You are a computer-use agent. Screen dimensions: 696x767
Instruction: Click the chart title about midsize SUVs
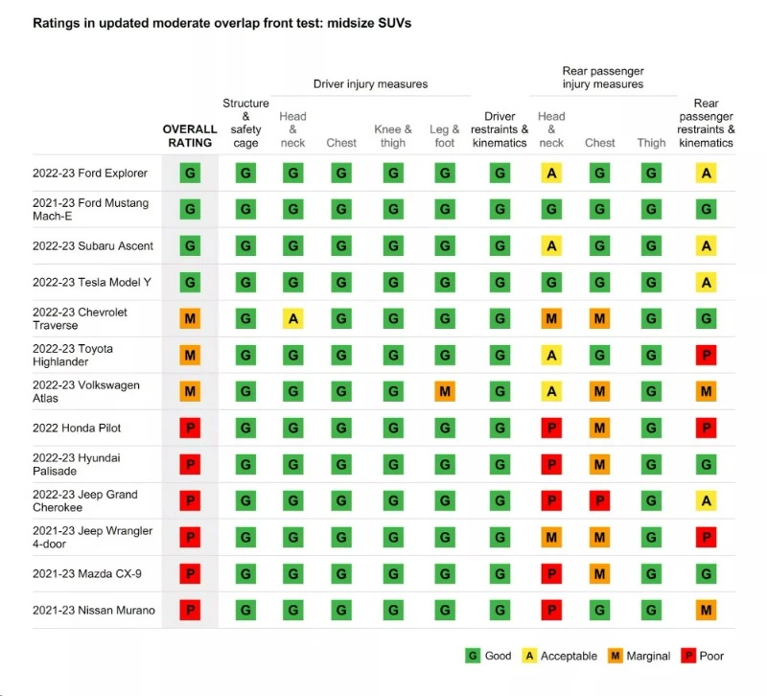pos(221,23)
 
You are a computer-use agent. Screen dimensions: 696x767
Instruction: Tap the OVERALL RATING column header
pos(190,136)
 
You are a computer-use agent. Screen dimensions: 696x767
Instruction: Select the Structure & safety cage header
pos(245,123)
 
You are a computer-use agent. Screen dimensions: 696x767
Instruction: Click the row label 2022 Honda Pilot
pos(77,428)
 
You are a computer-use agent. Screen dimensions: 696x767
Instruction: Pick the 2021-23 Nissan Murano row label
pos(94,610)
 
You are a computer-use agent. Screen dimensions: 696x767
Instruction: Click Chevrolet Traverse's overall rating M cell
pos(190,319)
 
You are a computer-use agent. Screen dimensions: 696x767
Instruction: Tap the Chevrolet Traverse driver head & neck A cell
pos(293,319)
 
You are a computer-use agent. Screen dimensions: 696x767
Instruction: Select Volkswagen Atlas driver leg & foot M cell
pos(445,392)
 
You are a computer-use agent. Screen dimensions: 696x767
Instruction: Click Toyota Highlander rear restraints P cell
pos(707,356)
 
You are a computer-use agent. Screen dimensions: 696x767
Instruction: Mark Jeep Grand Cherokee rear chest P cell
pos(600,501)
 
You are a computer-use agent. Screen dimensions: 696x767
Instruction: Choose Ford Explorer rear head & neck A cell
pos(551,174)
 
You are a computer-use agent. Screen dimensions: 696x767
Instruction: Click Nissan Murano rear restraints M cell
pos(707,611)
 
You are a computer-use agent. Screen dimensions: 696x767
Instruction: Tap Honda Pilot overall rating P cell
pos(190,429)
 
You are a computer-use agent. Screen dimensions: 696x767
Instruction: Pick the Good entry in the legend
pos(489,656)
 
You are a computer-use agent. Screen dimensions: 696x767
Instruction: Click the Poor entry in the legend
pos(703,656)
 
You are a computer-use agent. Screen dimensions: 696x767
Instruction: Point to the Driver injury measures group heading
pos(370,84)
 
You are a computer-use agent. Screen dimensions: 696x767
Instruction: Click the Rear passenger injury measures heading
pos(602,78)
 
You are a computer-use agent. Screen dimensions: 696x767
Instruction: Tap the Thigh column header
pos(651,143)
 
